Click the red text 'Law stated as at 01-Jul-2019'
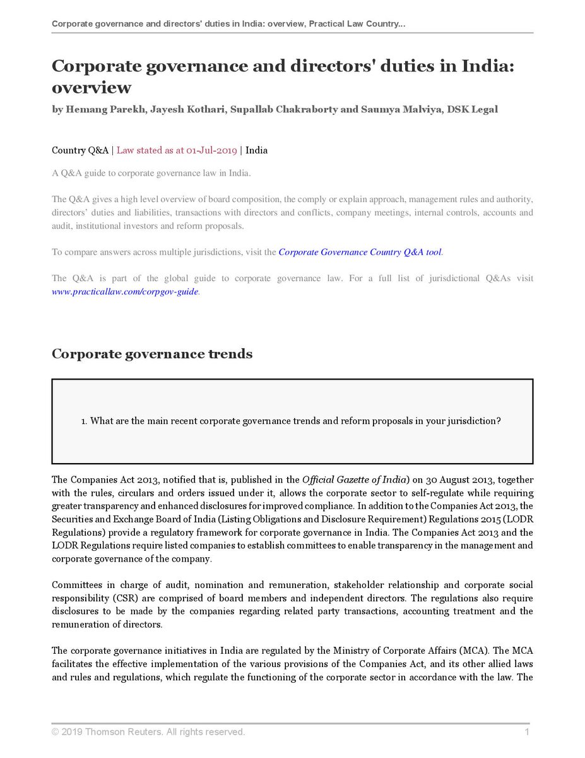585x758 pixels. [177, 150]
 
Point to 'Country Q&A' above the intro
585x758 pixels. [80, 150]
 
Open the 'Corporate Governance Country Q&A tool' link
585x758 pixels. [360, 252]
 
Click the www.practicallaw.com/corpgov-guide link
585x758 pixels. [125, 292]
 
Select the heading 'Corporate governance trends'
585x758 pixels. [151, 354]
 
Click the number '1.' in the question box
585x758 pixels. [84, 421]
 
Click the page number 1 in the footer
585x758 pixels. [526, 732]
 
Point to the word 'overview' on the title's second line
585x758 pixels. [92, 87]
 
